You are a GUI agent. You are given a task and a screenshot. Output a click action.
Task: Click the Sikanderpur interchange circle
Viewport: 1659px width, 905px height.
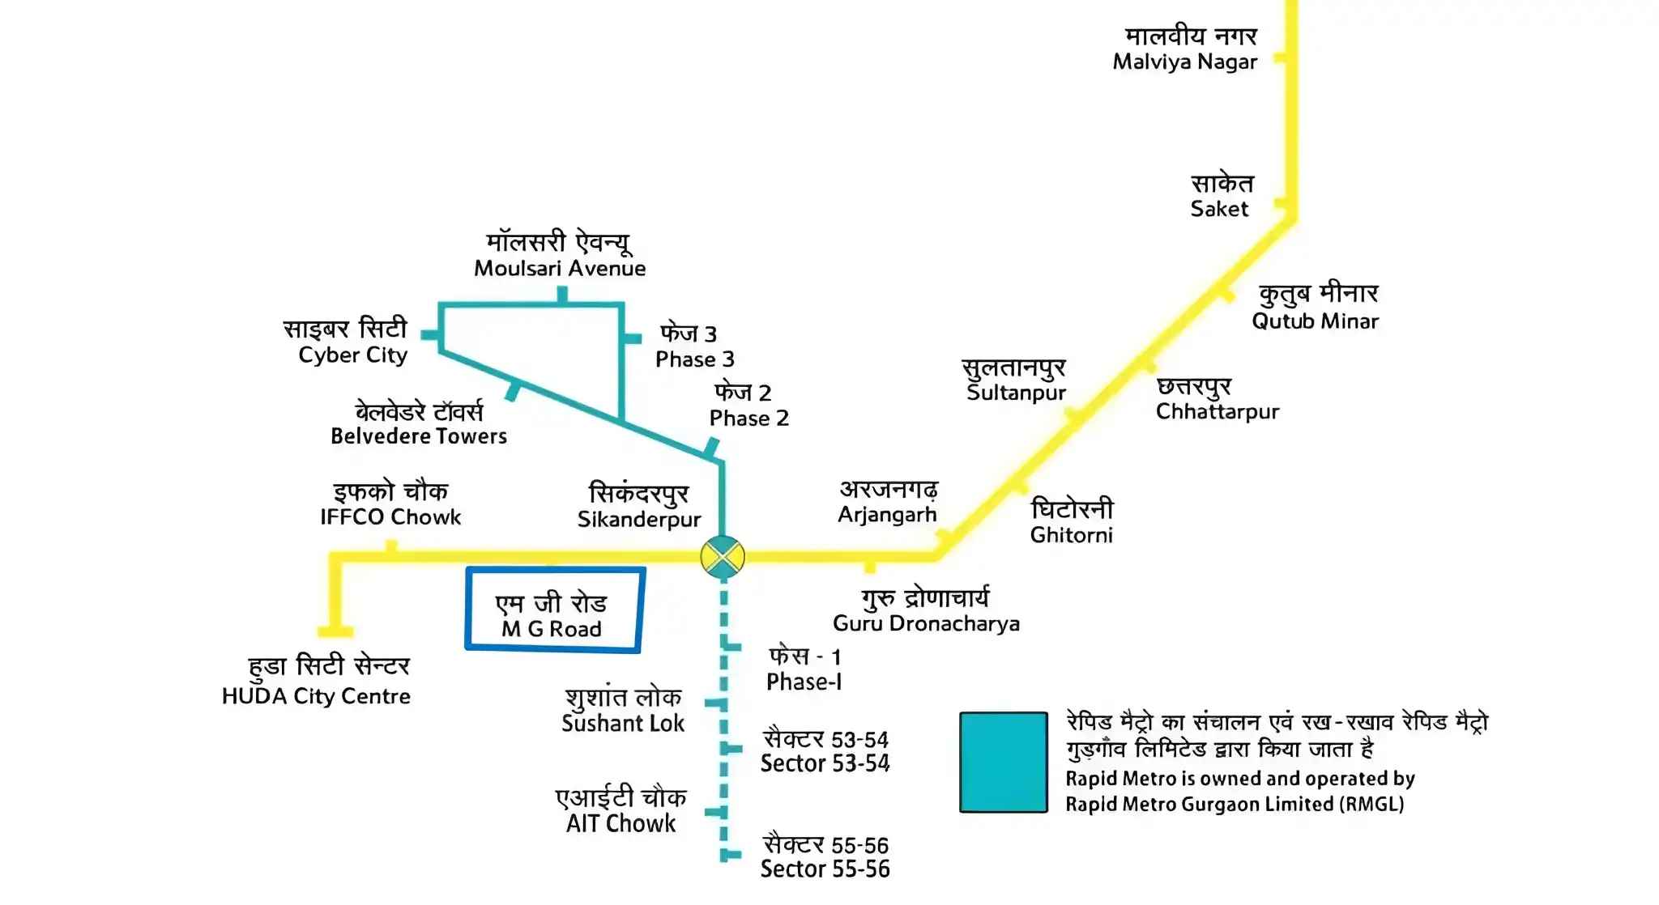coord(722,557)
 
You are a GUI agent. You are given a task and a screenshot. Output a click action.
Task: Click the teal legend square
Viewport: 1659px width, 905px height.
coord(1003,763)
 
